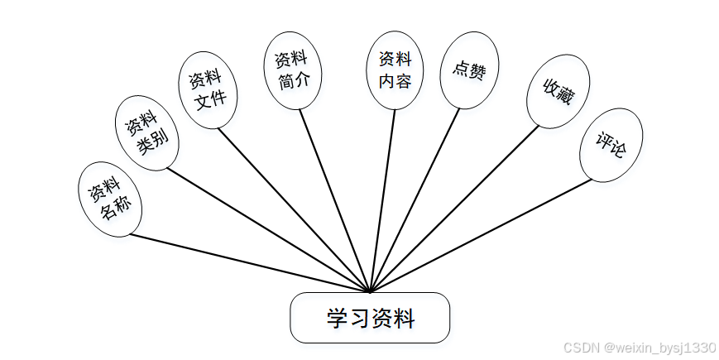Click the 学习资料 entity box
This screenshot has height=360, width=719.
coord(370,317)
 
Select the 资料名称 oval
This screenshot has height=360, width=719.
coord(110,199)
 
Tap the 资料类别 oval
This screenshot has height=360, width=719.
coord(146,132)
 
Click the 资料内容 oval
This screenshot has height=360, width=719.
coord(395,70)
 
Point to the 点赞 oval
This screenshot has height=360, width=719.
coord(468,70)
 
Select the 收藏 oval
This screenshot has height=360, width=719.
coord(556,92)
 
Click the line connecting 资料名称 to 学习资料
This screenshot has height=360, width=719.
coord(248,263)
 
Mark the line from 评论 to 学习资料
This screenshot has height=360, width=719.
coord(480,236)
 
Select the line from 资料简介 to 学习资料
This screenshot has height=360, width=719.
coord(335,201)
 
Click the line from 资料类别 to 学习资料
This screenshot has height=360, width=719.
coord(269,231)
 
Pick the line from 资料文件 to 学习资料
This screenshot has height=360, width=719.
coord(294,210)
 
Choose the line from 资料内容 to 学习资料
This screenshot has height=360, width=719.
coord(382,201)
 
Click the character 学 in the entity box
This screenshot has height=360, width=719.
coord(336,318)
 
